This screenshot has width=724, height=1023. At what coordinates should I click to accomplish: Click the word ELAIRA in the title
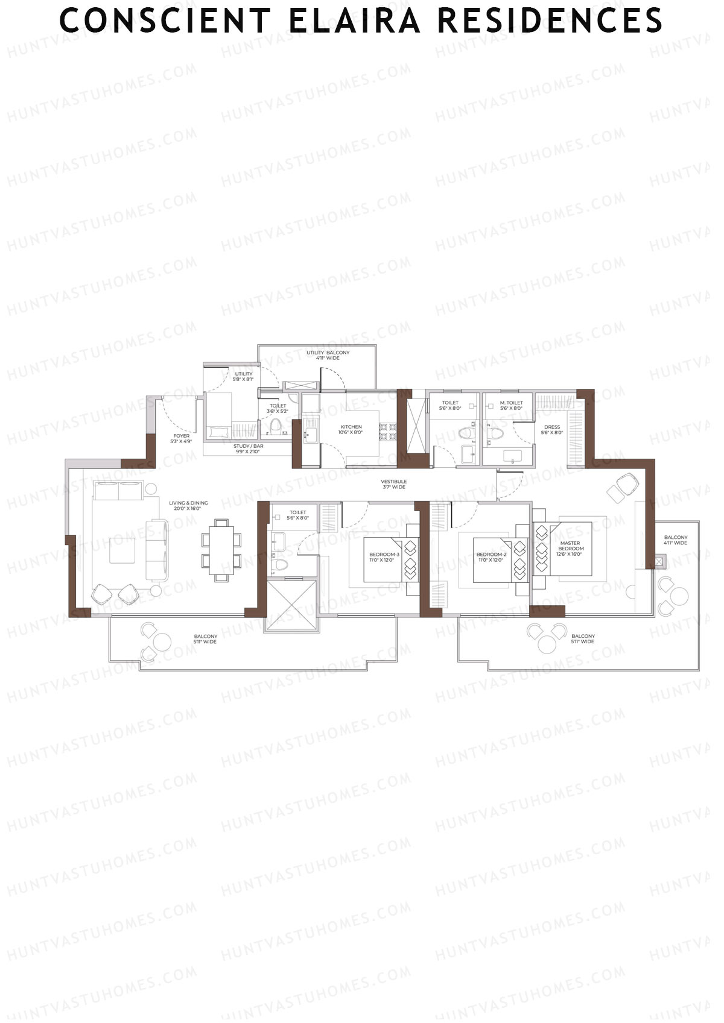(355, 20)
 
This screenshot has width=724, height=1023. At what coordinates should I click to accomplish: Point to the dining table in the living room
(221, 550)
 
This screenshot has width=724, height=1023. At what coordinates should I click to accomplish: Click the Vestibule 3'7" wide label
(393, 484)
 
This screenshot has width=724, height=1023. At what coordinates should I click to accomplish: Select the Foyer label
(181, 438)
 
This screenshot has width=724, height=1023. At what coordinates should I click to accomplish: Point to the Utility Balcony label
(328, 355)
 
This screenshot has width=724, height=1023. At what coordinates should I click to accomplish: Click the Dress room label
(551, 429)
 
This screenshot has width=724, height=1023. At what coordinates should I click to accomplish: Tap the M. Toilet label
(511, 405)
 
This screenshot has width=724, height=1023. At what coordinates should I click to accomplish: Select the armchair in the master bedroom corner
(623, 487)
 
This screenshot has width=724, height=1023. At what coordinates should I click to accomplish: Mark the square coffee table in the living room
(122, 550)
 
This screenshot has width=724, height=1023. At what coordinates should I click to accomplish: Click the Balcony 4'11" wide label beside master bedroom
(675, 540)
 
